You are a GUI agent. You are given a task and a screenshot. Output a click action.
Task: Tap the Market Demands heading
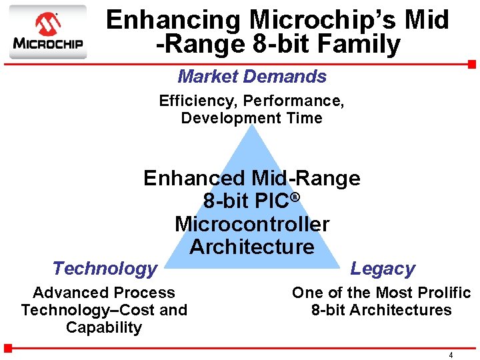(x=252, y=77)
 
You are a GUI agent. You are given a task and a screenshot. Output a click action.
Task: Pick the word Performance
(x=293, y=101)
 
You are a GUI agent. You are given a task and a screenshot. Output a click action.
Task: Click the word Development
(x=224, y=119)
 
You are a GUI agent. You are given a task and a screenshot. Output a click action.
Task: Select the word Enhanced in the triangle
(x=194, y=179)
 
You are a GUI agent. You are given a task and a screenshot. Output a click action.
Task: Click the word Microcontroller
(x=252, y=224)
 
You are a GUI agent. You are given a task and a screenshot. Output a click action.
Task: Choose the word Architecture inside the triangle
(x=252, y=247)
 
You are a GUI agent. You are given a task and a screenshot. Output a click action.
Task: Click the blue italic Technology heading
(x=105, y=269)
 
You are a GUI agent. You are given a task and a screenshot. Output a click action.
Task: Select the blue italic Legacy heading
(x=383, y=269)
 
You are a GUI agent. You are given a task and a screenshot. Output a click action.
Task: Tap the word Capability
(x=104, y=327)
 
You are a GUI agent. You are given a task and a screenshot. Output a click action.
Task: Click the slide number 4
(x=451, y=355)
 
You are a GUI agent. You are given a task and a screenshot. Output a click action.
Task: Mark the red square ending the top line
(x=471, y=65)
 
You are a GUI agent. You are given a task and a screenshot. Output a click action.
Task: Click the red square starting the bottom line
(x=8, y=347)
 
